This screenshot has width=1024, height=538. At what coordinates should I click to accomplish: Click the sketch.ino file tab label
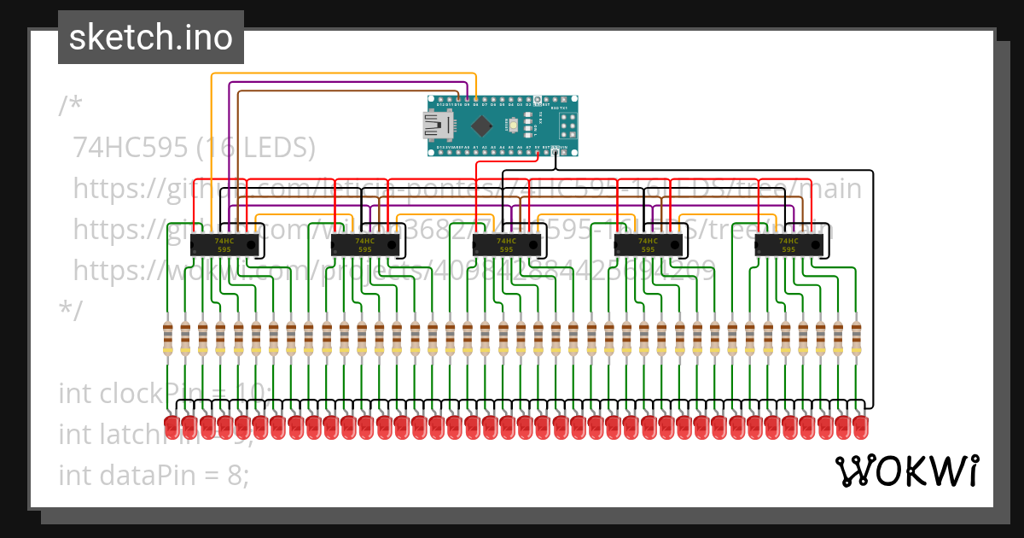click(x=150, y=38)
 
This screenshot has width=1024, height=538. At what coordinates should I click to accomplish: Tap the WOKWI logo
click(x=905, y=471)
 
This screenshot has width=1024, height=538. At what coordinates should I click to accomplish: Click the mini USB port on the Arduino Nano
click(x=439, y=126)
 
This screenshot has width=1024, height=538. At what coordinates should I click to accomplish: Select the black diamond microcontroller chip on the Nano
click(x=482, y=126)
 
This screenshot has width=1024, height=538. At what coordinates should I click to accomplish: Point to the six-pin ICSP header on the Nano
click(x=567, y=126)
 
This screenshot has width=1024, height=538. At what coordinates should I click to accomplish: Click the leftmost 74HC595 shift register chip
click(x=224, y=245)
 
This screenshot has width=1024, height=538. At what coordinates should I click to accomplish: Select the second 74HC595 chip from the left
click(x=365, y=245)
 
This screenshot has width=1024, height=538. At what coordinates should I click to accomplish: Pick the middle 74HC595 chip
click(x=507, y=245)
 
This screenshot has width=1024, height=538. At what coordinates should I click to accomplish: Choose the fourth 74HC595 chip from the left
click(x=649, y=245)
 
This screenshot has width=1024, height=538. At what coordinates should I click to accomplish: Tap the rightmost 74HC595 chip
click(x=789, y=245)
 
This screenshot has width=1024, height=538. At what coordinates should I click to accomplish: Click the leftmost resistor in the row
click(x=167, y=338)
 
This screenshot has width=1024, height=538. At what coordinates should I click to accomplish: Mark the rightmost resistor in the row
click(x=856, y=338)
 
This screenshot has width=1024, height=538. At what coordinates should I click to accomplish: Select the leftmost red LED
click(x=171, y=425)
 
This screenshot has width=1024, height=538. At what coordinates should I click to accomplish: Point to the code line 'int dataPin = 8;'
click(x=154, y=474)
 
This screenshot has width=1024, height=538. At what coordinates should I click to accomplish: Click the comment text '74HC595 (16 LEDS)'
click(x=195, y=148)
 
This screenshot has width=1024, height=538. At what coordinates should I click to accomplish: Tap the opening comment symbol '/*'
click(x=70, y=107)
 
